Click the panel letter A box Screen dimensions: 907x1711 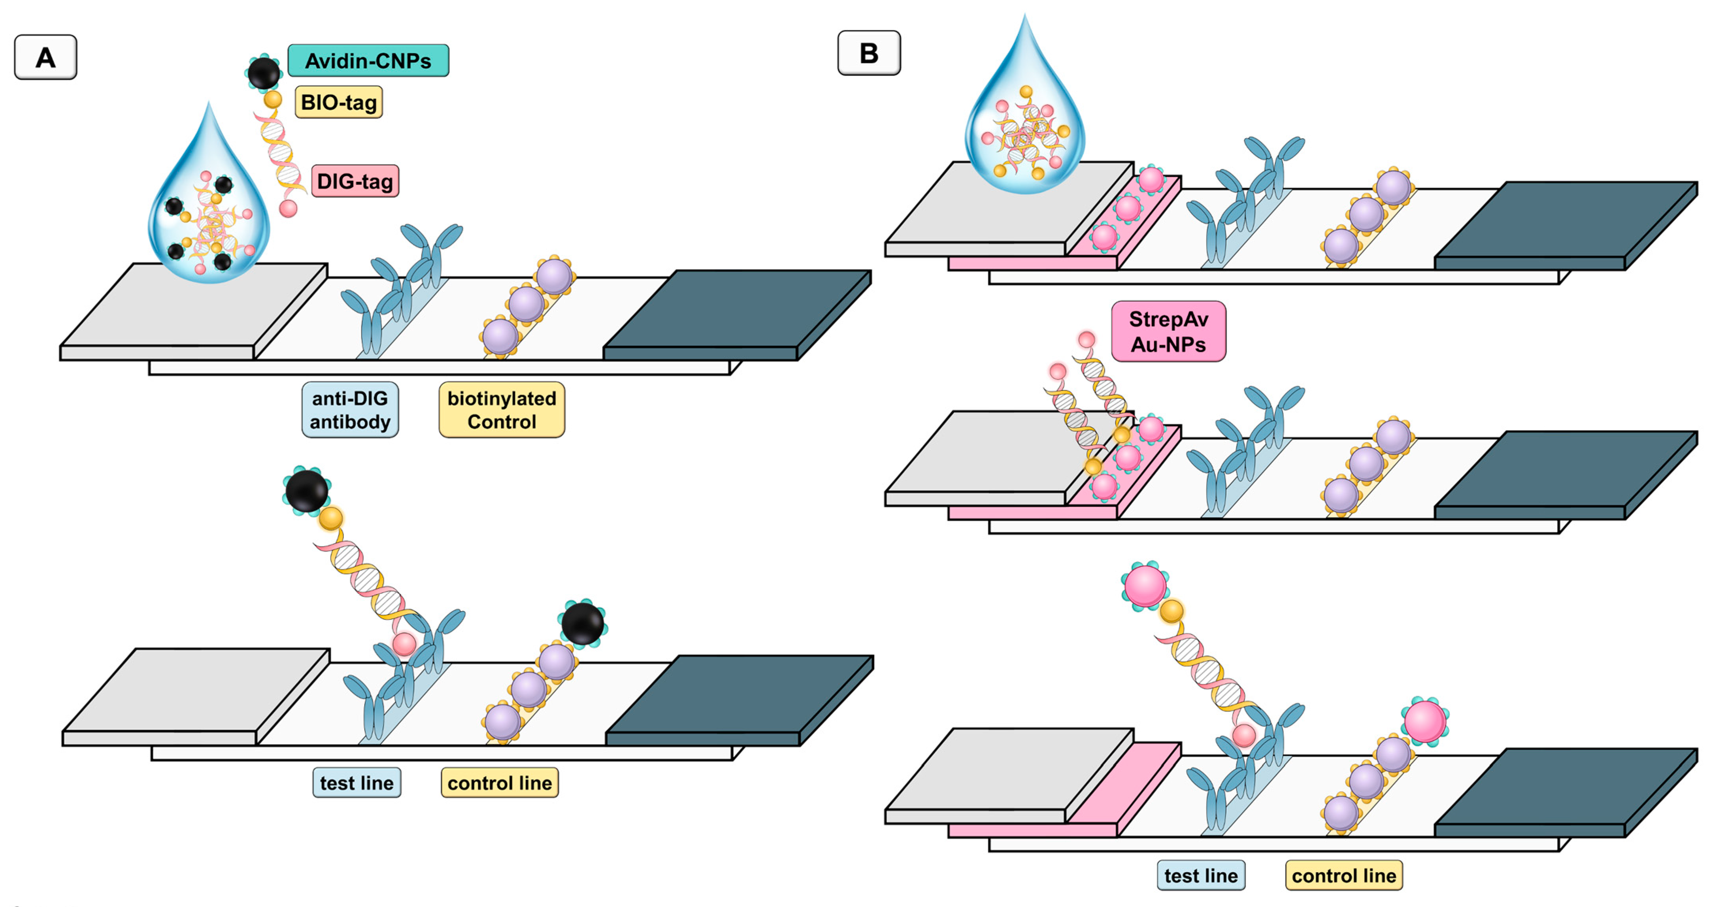tap(45, 58)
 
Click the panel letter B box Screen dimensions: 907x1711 tap(869, 53)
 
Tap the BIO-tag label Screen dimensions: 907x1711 tap(339, 102)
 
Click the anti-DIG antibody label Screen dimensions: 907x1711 tap(350, 410)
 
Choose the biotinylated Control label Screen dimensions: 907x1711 tap(502, 410)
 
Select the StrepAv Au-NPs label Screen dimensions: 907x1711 tap(1168, 331)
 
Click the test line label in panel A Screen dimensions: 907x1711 tap(357, 783)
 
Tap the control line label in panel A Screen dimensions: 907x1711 tap(500, 783)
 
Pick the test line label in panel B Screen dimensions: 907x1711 tap(1201, 875)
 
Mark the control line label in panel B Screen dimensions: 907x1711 tap(1344, 875)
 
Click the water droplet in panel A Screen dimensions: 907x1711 tap(209, 213)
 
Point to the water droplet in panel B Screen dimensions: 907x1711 tap(1025, 126)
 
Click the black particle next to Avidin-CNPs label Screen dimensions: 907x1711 tap(264, 72)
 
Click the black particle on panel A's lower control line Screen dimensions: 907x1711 tap(583, 623)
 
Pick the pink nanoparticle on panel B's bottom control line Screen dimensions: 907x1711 tap(1425, 721)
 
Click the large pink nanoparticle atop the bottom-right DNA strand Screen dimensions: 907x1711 tap(1145, 585)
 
